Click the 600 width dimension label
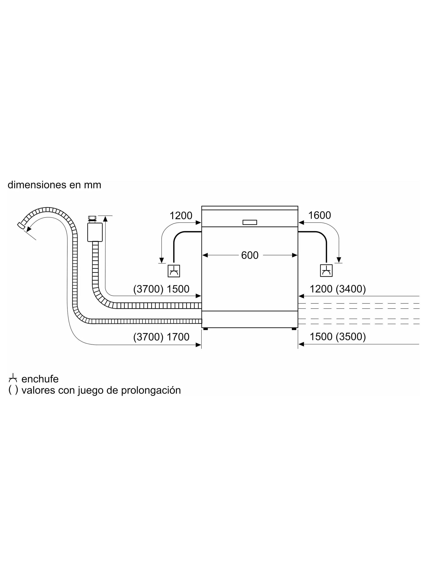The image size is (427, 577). [250, 255]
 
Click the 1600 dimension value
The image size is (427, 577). [319, 215]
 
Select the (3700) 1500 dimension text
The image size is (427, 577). [161, 289]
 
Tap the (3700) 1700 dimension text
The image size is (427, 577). [161, 337]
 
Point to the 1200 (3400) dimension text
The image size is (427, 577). [338, 289]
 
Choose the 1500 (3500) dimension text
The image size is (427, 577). [338, 337]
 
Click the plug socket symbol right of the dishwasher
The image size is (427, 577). [326, 271]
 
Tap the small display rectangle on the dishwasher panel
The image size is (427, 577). [250, 222]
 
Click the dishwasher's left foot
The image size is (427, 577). [206, 329]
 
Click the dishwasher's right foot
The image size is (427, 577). [294, 329]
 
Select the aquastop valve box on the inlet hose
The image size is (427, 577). [95, 232]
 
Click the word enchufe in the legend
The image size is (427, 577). [40, 379]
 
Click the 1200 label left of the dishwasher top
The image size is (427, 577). [181, 215]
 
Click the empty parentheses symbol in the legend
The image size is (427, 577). [13, 390]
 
